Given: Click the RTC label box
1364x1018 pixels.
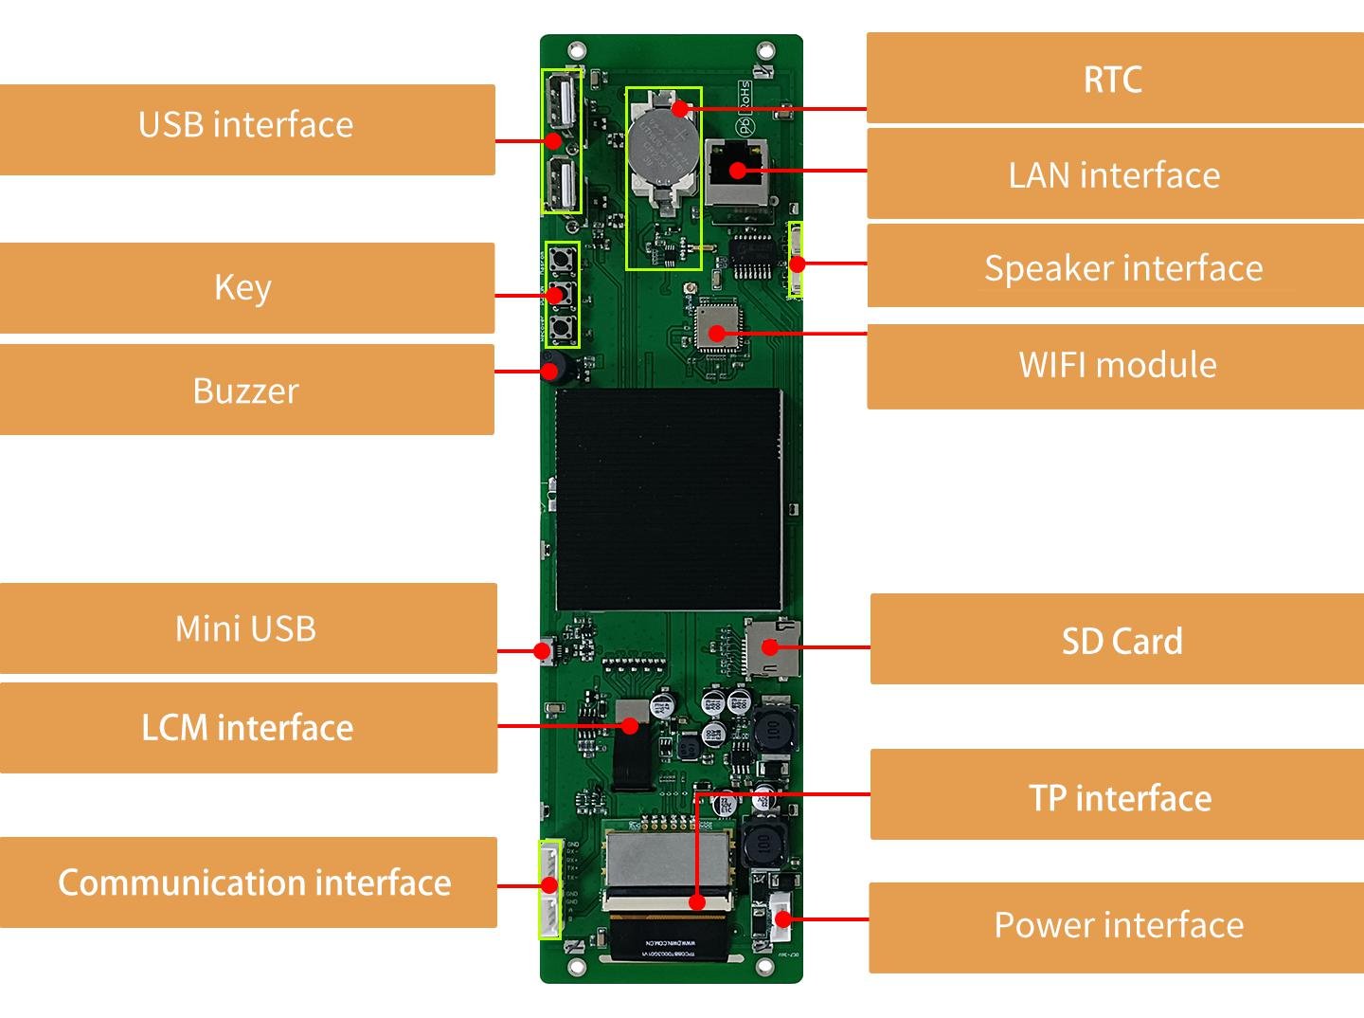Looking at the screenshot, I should coord(1113,79).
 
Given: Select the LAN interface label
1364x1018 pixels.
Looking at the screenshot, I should coord(1114,175).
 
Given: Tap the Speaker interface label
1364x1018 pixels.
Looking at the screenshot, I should coord(1122,268).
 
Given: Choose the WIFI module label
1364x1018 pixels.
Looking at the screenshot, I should coord(1117,366).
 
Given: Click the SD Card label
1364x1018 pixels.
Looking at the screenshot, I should coord(1121,641).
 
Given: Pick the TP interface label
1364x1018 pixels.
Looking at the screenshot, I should coord(1120,797).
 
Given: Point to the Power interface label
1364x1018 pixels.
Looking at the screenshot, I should coord(1118,925).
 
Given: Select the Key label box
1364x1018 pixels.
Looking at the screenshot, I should coord(244,287).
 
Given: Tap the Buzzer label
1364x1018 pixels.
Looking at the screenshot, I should coord(245,390).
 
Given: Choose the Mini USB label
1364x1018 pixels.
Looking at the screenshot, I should coord(246,628).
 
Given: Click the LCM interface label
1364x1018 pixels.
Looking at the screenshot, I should coord(247,728).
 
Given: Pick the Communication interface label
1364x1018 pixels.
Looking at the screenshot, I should coord(254,882).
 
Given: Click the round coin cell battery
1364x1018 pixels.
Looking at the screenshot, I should coord(662,146).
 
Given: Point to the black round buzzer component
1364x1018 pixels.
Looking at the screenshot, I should coord(552,367).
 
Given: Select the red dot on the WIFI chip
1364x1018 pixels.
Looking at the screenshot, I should coord(718,334).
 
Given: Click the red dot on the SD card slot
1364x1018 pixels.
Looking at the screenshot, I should coord(770,647).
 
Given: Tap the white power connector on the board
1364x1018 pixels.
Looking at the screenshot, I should coord(781,918).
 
